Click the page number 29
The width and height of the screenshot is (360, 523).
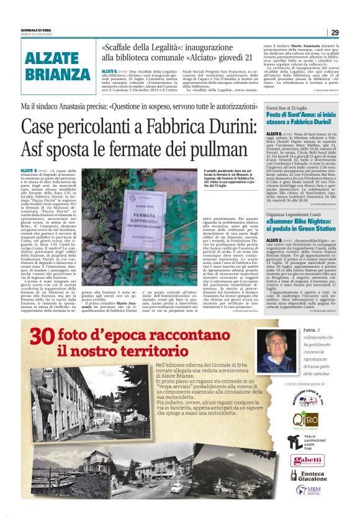click(335, 32)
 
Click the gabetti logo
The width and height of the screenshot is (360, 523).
click(308, 460)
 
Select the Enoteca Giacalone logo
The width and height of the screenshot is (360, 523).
click(308, 476)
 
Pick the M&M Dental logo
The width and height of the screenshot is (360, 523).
click(309, 491)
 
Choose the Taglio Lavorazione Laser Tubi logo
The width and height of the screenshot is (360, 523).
click(308, 442)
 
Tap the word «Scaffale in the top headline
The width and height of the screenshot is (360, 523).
click(121, 48)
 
